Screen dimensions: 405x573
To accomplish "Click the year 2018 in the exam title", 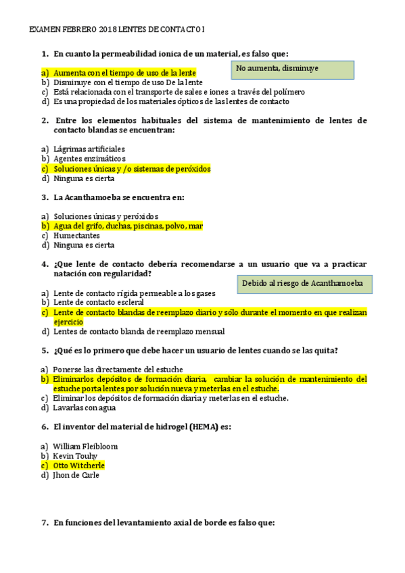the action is (x=108, y=30).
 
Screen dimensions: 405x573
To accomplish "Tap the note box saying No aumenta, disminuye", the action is (x=295, y=70).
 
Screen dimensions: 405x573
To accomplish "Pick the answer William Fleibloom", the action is (x=85, y=447).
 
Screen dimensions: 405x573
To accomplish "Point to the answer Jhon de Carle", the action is (x=76, y=475).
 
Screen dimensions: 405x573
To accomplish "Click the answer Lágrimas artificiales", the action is (x=89, y=149).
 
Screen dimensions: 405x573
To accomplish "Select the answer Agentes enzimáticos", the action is (x=89, y=159).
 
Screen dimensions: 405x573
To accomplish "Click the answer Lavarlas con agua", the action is (x=85, y=407).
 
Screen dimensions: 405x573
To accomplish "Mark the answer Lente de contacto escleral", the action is (x=99, y=303).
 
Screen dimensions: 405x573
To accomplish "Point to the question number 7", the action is (x=45, y=522).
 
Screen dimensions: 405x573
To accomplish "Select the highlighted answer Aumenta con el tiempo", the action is (x=125, y=72).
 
